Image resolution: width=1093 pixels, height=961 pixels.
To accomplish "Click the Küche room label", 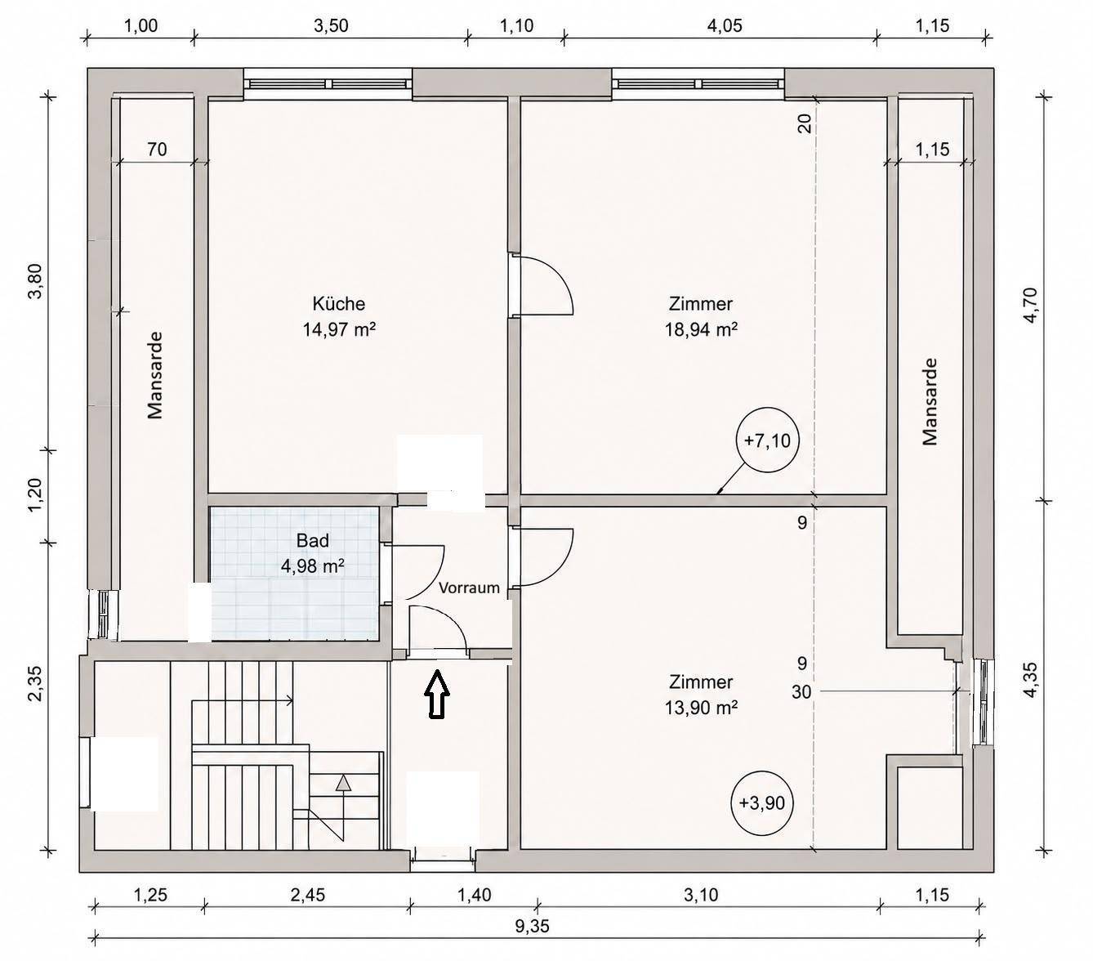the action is point(338,304).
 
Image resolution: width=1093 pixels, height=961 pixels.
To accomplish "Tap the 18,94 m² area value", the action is point(701,329).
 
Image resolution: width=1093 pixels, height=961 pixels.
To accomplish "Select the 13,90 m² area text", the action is point(701,707).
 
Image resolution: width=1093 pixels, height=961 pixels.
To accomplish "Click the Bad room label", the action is point(312,541).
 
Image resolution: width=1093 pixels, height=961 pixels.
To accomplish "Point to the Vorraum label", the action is point(469,588).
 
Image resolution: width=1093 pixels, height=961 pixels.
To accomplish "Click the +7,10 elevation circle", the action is point(767,440).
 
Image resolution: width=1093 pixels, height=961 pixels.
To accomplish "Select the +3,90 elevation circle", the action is point(762,803).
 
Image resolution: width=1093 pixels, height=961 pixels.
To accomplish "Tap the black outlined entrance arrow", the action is point(436,694).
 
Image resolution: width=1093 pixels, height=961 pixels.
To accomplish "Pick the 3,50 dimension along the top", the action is point(331,26).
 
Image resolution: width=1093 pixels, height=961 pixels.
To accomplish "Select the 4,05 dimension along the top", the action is point(725,26).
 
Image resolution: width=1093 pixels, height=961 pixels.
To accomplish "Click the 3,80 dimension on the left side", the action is point(37,280).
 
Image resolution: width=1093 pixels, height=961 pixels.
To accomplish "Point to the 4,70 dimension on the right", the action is point(1030,306).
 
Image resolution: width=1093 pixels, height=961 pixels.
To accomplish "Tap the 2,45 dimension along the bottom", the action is point(308,895).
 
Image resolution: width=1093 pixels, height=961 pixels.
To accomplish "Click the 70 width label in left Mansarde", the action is point(157,149).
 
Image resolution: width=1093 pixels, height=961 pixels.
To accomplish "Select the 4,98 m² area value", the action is point(312,566).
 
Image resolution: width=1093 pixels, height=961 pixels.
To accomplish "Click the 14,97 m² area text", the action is point(338,329).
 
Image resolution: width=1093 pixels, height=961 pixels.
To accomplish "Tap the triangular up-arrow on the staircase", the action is point(343,783).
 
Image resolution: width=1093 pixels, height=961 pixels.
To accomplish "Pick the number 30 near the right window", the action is point(801,692).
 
